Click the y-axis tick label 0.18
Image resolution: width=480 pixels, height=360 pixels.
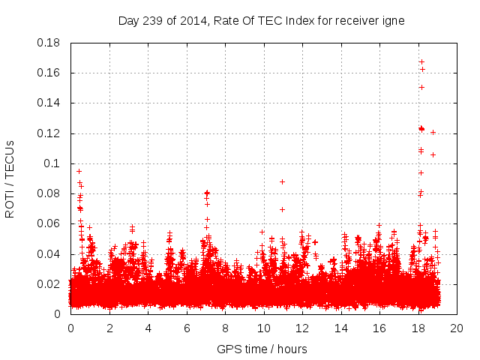(x=50, y=43)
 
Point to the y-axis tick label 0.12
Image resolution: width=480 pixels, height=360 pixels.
(x=50, y=133)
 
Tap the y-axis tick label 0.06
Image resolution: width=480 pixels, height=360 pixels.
(x=50, y=223)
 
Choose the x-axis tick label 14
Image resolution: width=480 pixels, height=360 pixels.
(x=340, y=328)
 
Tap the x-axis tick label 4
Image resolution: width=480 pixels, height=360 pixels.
(x=148, y=328)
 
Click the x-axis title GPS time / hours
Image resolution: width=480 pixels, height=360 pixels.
(x=262, y=349)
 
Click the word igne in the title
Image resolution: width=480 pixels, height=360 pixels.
(x=394, y=21)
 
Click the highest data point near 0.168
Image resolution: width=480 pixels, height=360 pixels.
(x=421, y=61)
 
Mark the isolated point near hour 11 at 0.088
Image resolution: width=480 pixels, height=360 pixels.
(x=282, y=181)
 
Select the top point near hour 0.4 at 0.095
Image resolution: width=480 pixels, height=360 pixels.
(x=79, y=171)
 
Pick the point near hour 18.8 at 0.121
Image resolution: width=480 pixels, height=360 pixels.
(x=433, y=133)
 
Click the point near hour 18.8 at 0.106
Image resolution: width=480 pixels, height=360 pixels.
(x=433, y=154)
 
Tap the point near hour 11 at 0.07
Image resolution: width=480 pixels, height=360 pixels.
(x=282, y=209)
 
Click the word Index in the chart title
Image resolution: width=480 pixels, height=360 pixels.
(x=305, y=21)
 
